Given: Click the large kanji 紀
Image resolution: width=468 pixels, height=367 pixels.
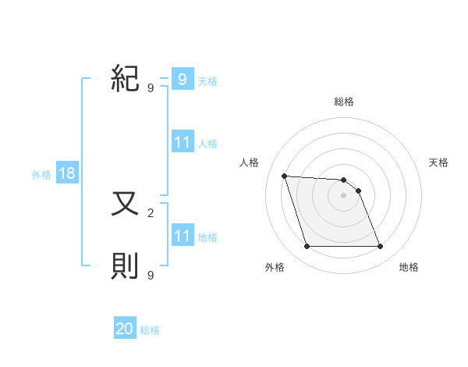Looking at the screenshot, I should point(125,78).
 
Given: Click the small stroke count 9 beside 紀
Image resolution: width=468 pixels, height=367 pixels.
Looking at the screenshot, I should point(151,87).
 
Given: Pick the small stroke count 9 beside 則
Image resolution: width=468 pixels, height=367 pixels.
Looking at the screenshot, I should point(151,275).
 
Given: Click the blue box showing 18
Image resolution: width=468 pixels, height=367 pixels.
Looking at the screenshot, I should point(67,173).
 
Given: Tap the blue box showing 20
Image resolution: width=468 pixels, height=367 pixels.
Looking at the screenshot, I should point(125,329).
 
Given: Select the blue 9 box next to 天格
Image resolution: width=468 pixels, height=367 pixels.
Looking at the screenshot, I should point(182,79).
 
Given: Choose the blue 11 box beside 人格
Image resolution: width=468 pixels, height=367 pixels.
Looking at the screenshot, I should point(182,142).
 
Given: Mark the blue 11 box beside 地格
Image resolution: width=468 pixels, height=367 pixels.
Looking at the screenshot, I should point(182,235).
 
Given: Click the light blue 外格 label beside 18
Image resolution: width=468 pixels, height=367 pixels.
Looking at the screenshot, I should point(41,175).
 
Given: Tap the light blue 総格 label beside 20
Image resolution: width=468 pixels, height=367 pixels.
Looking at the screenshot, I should point(150,330).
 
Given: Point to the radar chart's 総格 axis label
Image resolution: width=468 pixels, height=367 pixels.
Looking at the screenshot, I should point(343,102).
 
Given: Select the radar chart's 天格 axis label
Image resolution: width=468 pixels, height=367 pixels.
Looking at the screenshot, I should point(438,162).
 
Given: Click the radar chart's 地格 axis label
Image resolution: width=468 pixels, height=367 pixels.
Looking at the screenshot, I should point(409,267).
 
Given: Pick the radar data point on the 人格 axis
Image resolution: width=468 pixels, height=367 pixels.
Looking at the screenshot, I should point(285,176).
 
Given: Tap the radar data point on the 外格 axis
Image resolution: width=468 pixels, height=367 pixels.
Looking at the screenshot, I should point(307,247).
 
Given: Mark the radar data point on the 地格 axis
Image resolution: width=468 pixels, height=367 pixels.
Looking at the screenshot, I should point(380,247).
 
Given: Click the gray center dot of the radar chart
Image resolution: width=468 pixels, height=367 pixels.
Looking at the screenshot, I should point(343,195).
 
